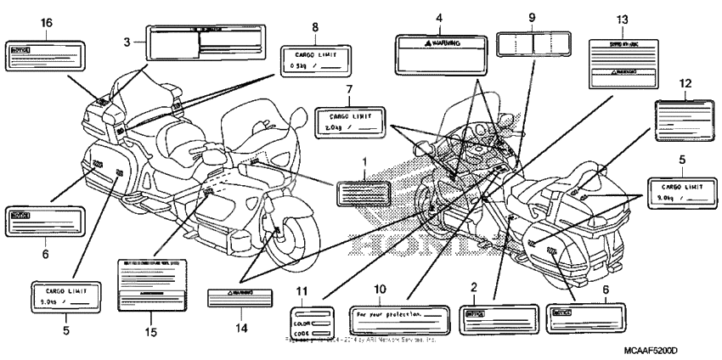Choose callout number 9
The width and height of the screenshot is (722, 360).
coord(532,18)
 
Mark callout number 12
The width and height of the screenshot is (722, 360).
coord(685,83)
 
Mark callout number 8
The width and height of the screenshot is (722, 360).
coord(315,28)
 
